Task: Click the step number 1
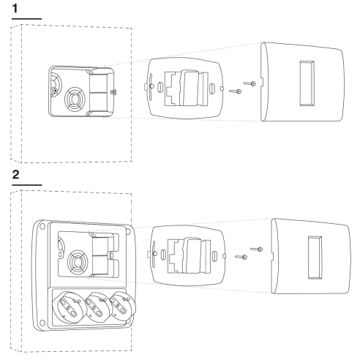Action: [x=15, y=9]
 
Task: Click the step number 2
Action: [x=15, y=175]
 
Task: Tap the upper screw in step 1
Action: [x=250, y=83]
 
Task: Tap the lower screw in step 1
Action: [x=235, y=91]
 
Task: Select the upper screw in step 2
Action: [x=257, y=250]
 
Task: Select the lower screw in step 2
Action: [x=241, y=257]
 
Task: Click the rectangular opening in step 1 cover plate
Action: [x=307, y=83]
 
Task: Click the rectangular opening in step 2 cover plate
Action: [x=315, y=258]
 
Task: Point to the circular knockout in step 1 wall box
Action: [x=75, y=100]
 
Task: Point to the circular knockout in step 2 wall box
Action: [x=78, y=263]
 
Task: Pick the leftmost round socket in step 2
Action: [x=69, y=307]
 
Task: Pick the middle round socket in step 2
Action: [x=97, y=307]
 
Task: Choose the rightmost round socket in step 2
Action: [x=123, y=306]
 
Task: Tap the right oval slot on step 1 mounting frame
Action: [x=212, y=89]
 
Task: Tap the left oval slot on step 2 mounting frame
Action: [x=163, y=255]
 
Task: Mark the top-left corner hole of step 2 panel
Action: [x=42, y=226]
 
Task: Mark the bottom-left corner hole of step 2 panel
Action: [x=42, y=323]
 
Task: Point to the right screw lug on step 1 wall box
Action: [x=113, y=92]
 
